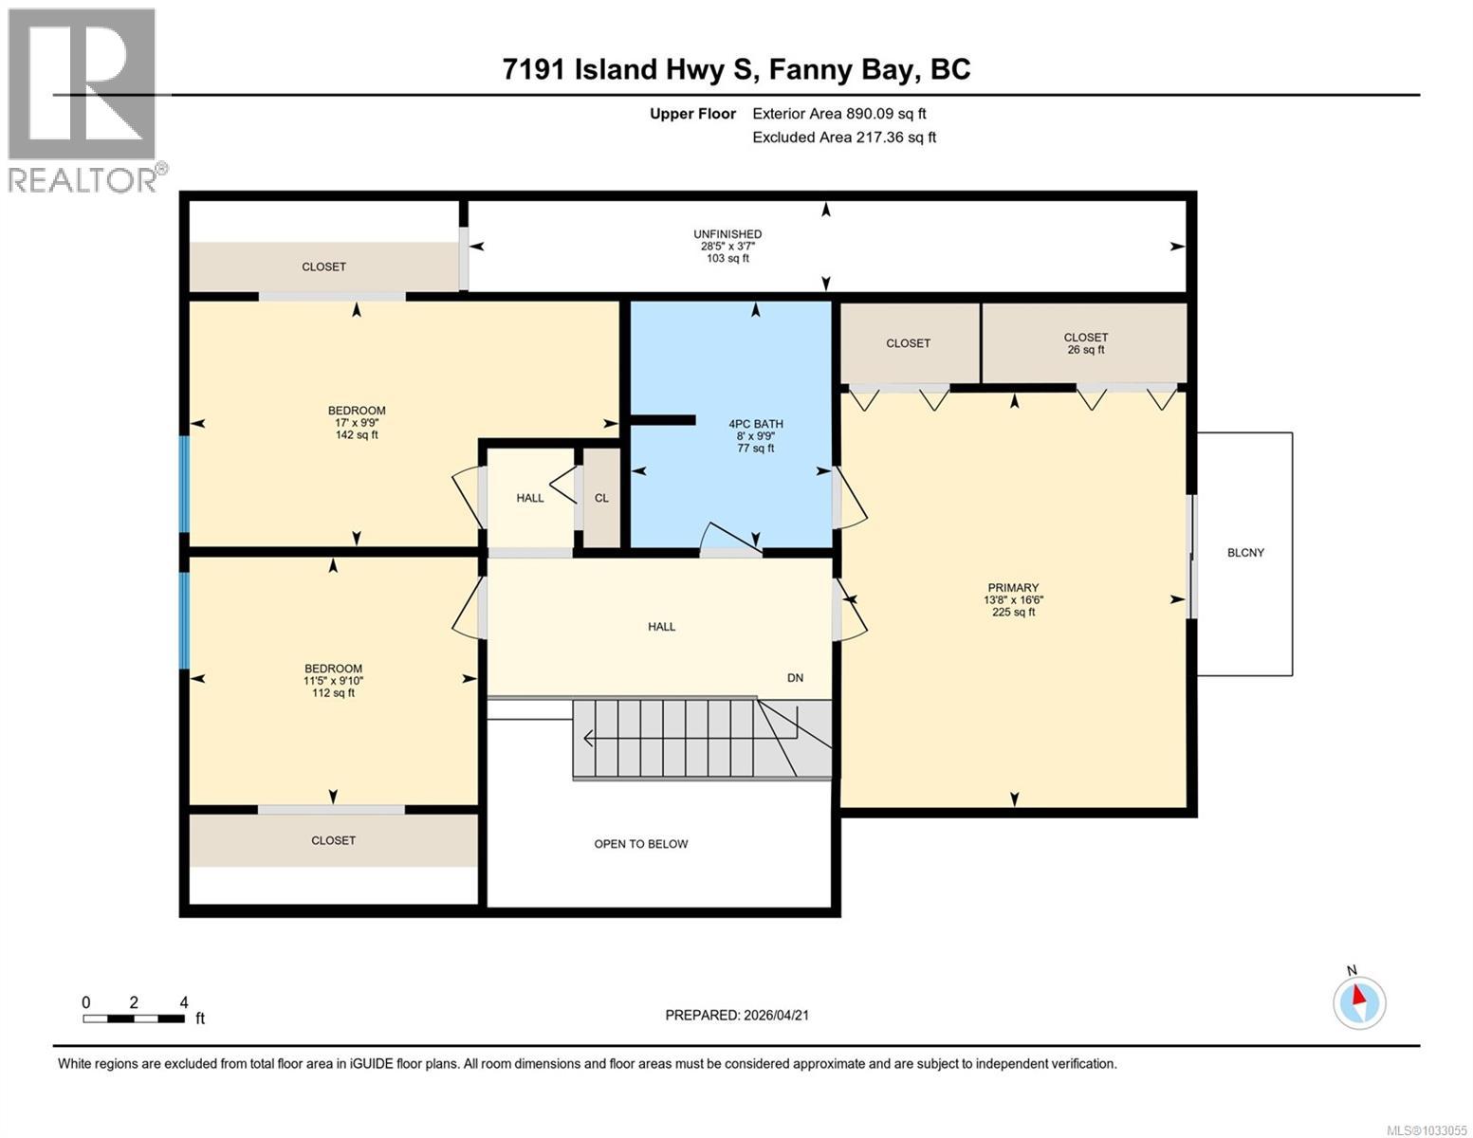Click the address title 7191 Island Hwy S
(x=737, y=69)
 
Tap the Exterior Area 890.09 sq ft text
(x=838, y=114)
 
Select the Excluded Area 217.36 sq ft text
(x=843, y=138)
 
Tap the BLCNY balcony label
(x=1245, y=553)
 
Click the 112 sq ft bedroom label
(x=333, y=680)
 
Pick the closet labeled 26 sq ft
(x=1085, y=343)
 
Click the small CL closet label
(x=601, y=498)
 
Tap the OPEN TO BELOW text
(x=641, y=844)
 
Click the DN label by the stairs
(x=795, y=677)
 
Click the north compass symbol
(x=1359, y=1001)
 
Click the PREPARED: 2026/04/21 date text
(x=737, y=1015)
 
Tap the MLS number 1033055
(x=1430, y=1129)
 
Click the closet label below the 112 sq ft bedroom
(x=333, y=840)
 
